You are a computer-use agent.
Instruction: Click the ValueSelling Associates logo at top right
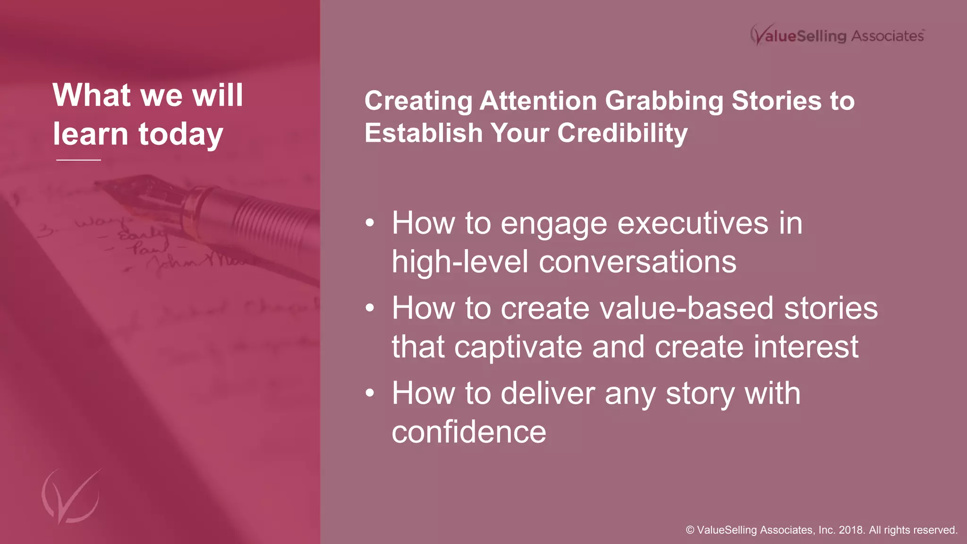(x=837, y=35)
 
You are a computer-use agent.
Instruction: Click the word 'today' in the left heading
(x=180, y=135)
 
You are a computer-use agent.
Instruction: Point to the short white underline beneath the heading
(x=78, y=160)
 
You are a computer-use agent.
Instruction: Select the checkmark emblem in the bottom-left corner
(x=71, y=496)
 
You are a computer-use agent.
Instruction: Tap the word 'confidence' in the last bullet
(x=469, y=432)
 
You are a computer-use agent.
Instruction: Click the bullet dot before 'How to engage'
(x=370, y=223)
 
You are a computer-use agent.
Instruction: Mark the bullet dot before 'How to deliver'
(x=370, y=393)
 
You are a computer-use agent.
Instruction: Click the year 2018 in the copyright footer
(x=852, y=530)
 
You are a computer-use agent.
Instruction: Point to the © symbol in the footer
(x=690, y=530)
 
